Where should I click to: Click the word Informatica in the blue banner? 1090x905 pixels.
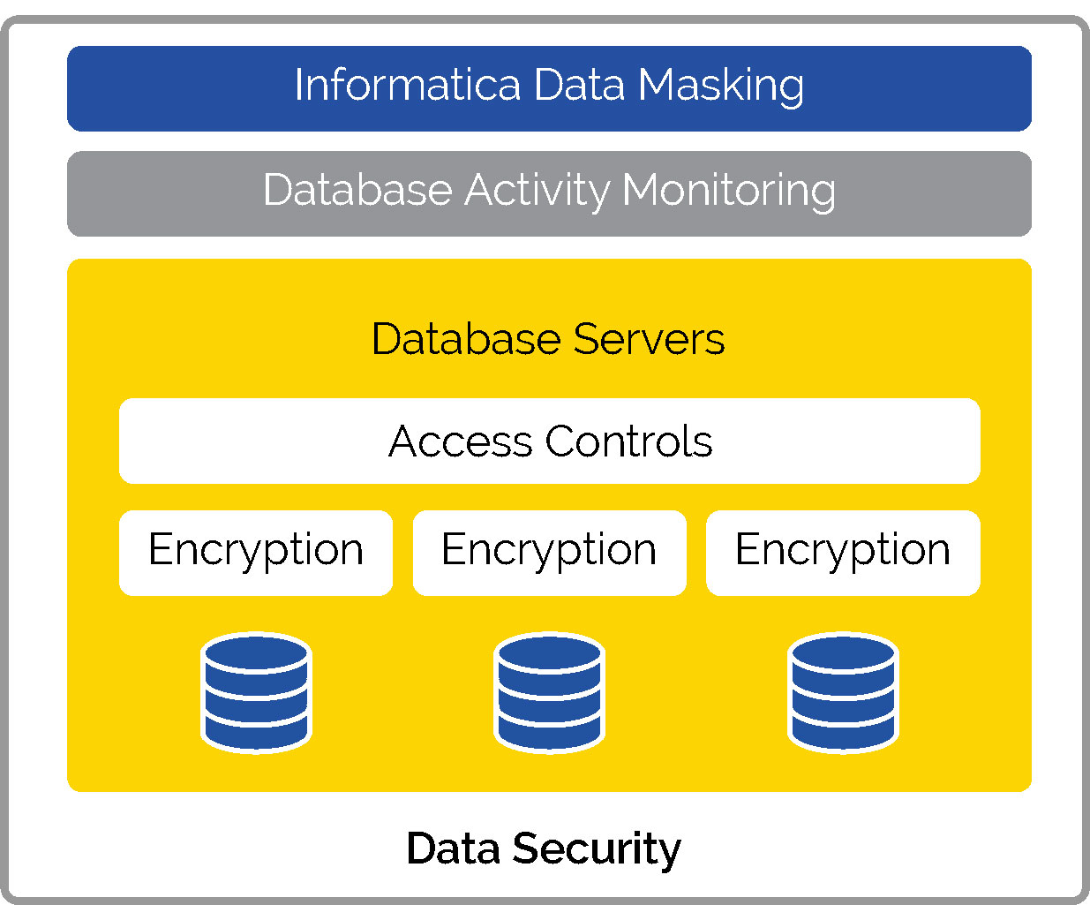(407, 86)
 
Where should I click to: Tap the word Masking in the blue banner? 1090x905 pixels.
(720, 87)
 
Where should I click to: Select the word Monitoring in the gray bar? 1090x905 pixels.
(729, 191)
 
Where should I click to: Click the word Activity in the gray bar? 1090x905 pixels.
(537, 191)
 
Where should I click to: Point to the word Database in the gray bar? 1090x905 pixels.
(357, 191)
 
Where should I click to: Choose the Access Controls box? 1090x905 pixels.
(549, 441)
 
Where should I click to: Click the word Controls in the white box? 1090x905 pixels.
(628, 441)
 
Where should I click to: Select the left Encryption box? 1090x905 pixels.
(256, 553)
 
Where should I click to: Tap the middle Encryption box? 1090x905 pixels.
(549, 553)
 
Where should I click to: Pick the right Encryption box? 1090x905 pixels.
(843, 553)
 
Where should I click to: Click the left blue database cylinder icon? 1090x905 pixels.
(256, 692)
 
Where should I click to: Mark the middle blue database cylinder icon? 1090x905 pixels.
(549, 692)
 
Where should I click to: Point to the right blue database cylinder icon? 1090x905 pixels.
(843, 692)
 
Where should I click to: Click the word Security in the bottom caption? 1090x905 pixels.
(597, 849)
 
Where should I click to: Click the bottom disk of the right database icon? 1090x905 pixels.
(843, 730)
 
